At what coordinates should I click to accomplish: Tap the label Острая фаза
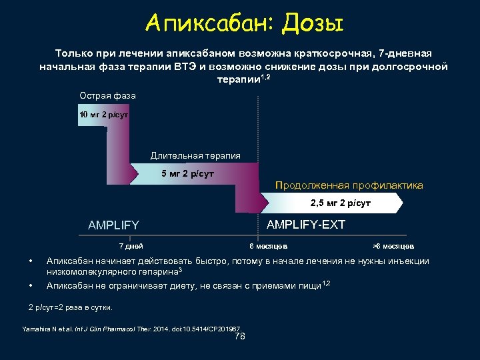[x=107, y=96]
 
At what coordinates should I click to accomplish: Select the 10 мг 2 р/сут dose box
[x=103, y=115]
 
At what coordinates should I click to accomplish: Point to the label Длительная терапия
[x=195, y=155]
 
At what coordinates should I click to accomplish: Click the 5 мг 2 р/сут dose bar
[x=188, y=174]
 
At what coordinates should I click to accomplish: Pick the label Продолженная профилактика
[x=349, y=185]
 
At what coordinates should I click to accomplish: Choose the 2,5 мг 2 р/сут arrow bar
[x=341, y=202]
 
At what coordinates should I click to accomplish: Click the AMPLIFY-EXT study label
[x=306, y=225]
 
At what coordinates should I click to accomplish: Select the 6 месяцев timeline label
[x=269, y=246]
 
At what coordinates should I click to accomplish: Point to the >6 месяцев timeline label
[x=393, y=246]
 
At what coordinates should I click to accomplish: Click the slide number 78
[x=241, y=337]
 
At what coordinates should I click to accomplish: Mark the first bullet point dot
[x=31, y=261]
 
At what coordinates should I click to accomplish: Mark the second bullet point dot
[x=31, y=285]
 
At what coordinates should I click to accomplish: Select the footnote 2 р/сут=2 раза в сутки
[x=71, y=307]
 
